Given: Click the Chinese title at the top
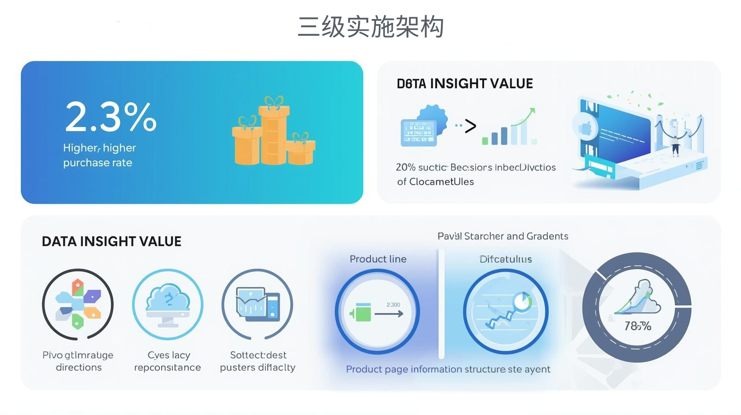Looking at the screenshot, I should point(370,27).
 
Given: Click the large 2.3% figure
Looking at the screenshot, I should point(111,117).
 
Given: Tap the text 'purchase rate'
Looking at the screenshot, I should point(98,163).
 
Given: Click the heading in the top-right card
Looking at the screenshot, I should point(465,84).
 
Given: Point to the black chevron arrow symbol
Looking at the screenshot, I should point(470,126).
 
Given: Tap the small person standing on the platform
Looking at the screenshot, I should point(675,145).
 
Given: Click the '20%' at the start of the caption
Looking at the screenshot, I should point(405,167).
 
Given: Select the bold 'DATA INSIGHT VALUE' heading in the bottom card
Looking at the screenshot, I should point(112,242).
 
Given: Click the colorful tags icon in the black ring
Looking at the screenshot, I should point(78,304).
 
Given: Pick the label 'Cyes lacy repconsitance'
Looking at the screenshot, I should point(168,361).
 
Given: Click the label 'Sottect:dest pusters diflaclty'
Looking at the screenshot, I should point(257,361).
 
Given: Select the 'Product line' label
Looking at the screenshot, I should point(378,259).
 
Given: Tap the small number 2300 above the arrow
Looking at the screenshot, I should point(393,304).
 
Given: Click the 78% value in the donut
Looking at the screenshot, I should point(637,326).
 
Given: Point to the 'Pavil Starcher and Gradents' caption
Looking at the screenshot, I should point(503,236).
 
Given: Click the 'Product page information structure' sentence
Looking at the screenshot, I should point(448,369).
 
